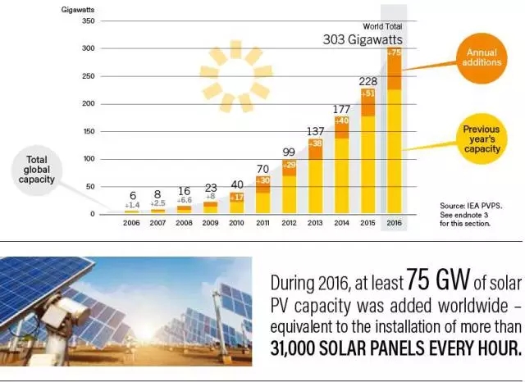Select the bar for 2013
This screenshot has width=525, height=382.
pos(315,176)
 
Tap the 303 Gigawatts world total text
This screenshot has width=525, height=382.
pos(366,39)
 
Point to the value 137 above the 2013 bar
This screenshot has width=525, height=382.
pos(314,131)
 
